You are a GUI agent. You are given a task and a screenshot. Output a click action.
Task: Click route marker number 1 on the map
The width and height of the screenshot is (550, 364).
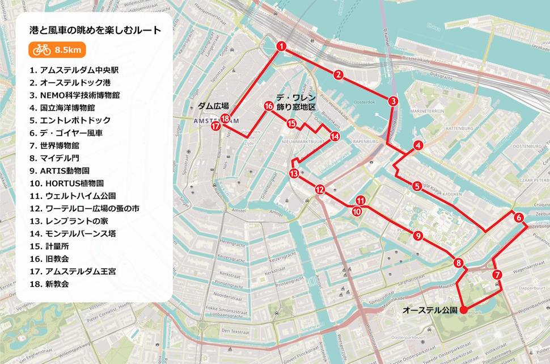coord(281,46)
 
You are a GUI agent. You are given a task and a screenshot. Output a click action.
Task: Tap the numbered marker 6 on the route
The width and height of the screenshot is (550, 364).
coord(518,217)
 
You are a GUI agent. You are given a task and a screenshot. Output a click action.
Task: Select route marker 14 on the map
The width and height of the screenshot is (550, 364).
coord(335,136)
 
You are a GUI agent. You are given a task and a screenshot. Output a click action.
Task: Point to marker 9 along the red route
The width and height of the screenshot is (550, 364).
coord(418,236)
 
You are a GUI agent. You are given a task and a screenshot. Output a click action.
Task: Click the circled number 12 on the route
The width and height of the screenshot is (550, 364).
coord(320,190)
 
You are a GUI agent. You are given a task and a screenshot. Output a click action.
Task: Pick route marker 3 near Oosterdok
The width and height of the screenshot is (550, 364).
coord(392,101)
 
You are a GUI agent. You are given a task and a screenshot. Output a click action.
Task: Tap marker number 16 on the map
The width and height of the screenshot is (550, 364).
coord(268,106)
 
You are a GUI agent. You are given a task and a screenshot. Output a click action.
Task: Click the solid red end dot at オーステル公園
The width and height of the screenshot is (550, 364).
coord(463,309)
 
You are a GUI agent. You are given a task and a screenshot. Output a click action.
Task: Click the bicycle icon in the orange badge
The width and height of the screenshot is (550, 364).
coord(42,50)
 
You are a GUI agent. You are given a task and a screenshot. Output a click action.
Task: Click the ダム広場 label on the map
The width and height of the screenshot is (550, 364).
coord(213,106)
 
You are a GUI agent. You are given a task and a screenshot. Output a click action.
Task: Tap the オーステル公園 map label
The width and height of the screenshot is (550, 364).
coord(429,310)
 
